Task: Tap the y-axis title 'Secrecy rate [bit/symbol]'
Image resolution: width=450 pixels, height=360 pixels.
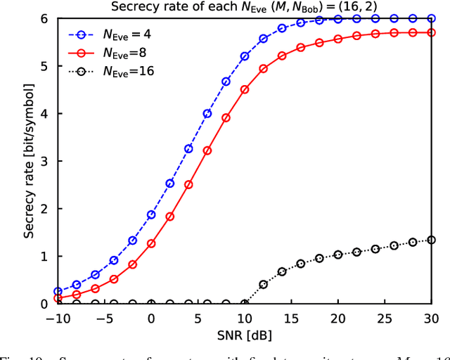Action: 29,162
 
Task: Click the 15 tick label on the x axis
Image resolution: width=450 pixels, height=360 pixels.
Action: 291,319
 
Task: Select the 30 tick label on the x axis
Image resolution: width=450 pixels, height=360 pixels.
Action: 431,319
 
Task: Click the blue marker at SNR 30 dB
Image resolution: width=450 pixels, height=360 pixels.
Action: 431,19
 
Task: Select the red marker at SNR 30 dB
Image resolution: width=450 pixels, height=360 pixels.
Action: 431,32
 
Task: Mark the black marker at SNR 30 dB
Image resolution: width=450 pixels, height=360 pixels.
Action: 431,240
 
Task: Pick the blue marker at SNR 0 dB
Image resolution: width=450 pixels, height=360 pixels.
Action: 151,214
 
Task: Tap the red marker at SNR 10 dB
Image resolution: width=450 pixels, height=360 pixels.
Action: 245,89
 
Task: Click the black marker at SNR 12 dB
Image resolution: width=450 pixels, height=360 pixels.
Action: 263,285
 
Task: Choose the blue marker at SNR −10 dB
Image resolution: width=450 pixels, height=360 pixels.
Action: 58,291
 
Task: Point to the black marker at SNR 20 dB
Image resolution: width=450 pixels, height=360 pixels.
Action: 337,255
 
